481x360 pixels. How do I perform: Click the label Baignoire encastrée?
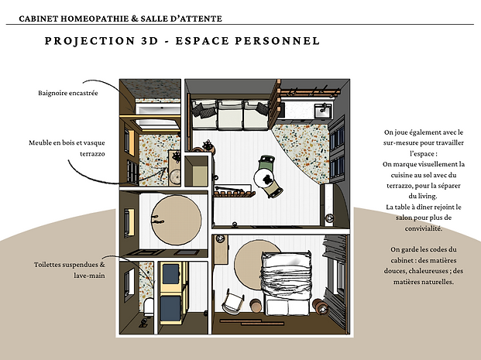[68, 93]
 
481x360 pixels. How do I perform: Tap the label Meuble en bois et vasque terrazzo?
[67, 148]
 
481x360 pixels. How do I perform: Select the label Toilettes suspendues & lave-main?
[70, 270]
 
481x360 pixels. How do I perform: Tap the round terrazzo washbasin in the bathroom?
[175, 177]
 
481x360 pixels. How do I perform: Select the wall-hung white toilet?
[149, 307]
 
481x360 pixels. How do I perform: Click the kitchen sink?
[323, 111]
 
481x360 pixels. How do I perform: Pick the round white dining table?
[266, 178]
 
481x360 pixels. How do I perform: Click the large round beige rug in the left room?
[177, 220]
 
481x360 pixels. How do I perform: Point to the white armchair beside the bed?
[233, 302]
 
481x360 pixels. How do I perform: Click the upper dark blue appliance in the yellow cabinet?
[170, 274]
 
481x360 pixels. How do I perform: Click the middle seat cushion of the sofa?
[230, 115]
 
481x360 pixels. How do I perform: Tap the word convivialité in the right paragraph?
[424, 228]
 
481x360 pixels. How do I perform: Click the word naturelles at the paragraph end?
[438, 282]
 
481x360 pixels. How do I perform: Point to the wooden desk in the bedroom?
[222, 249]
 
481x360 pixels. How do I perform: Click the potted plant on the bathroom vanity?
[177, 156]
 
